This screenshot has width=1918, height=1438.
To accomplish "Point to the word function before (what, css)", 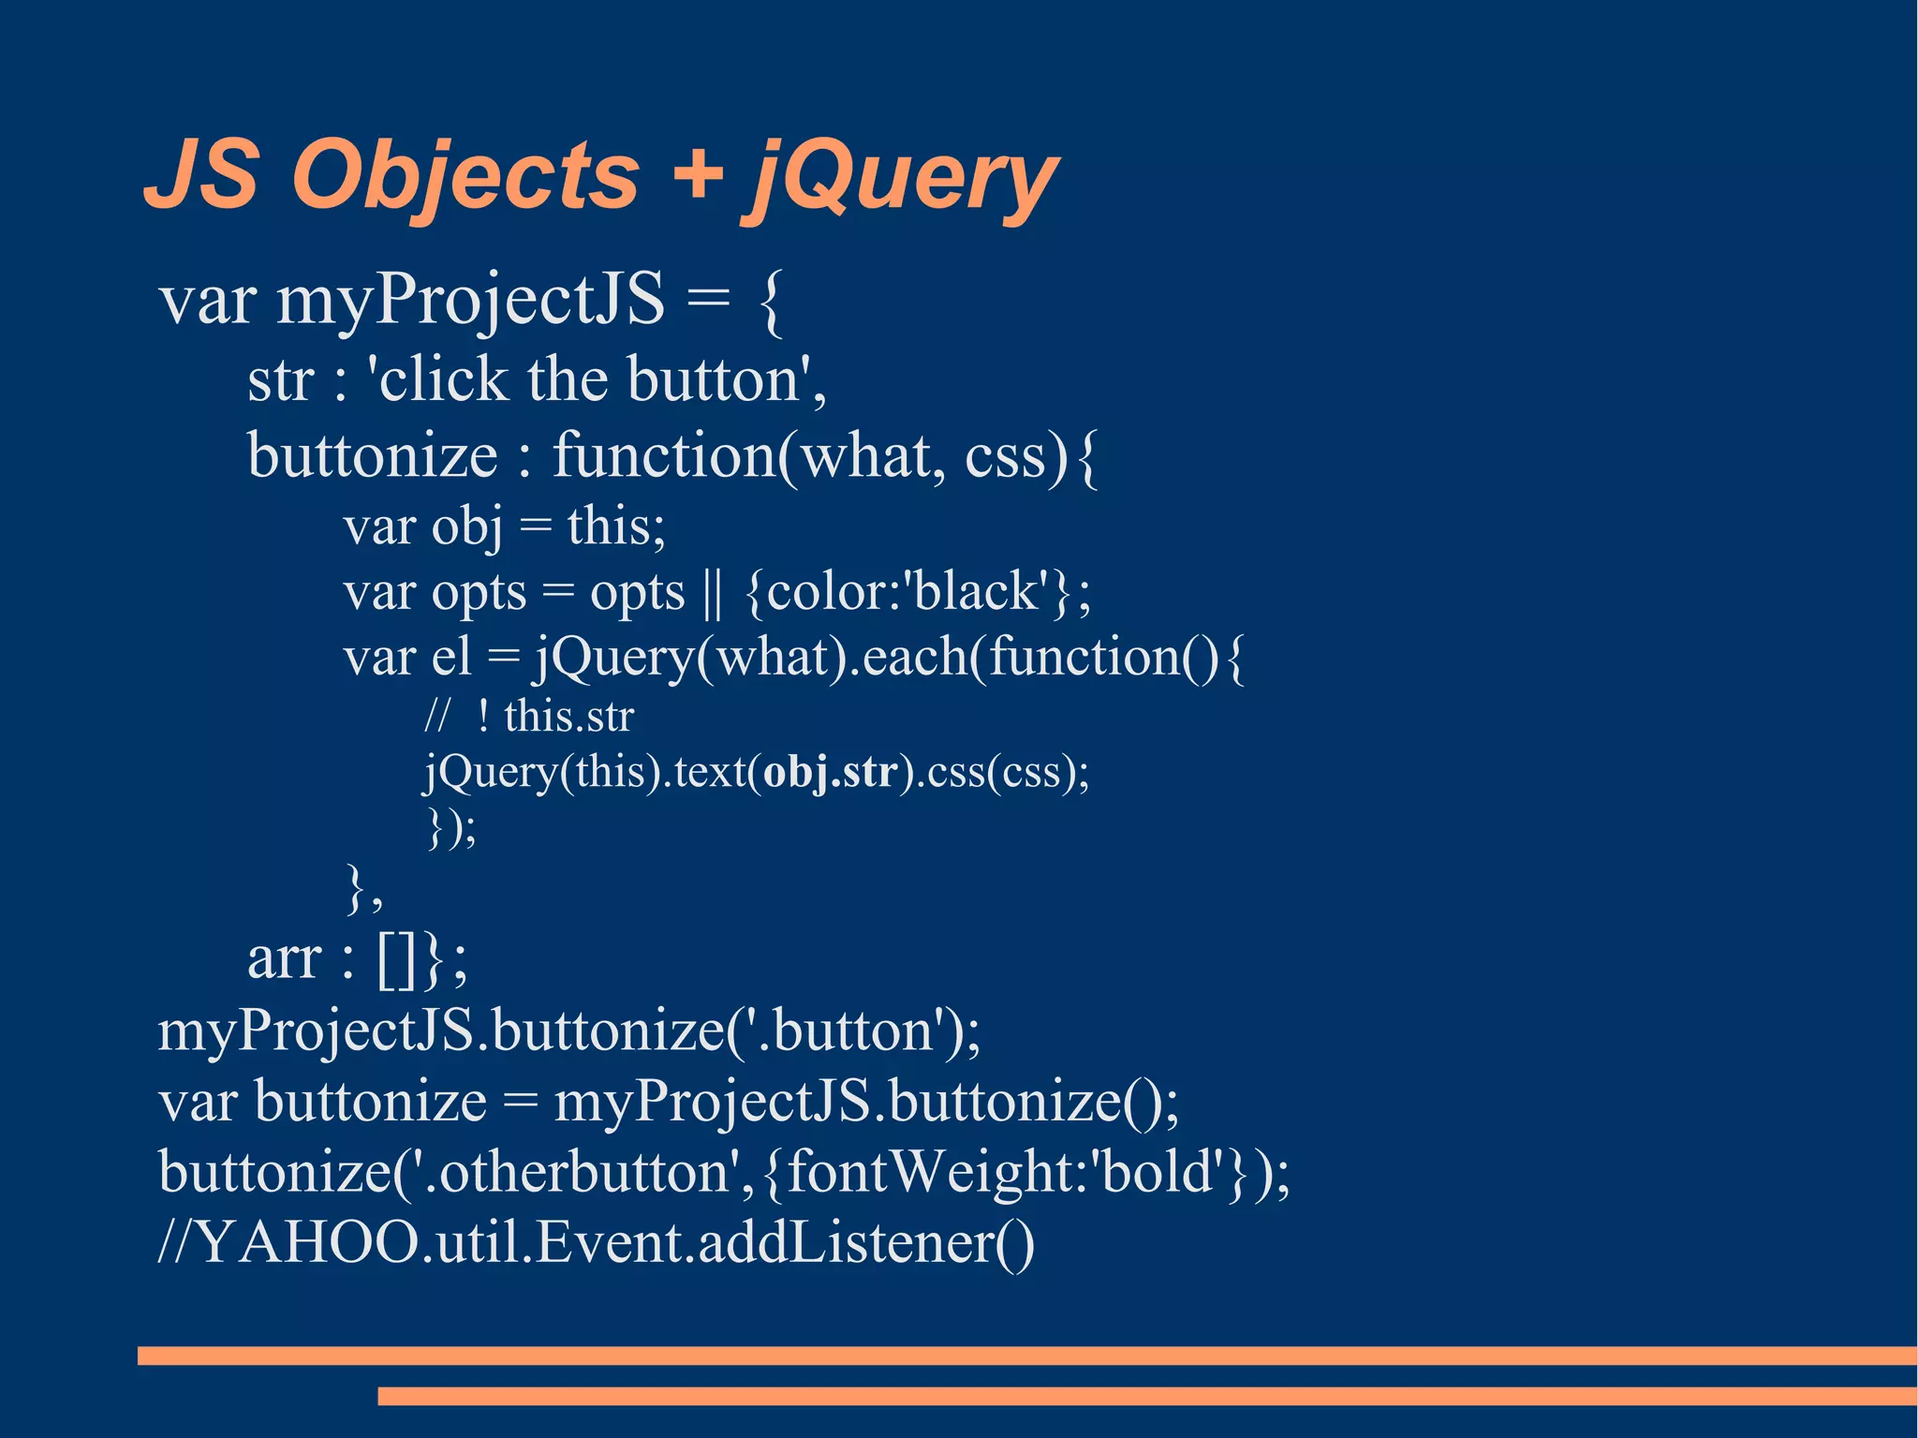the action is (x=664, y=456).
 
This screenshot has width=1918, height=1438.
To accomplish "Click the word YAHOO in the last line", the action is (x=308, y=1243).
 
